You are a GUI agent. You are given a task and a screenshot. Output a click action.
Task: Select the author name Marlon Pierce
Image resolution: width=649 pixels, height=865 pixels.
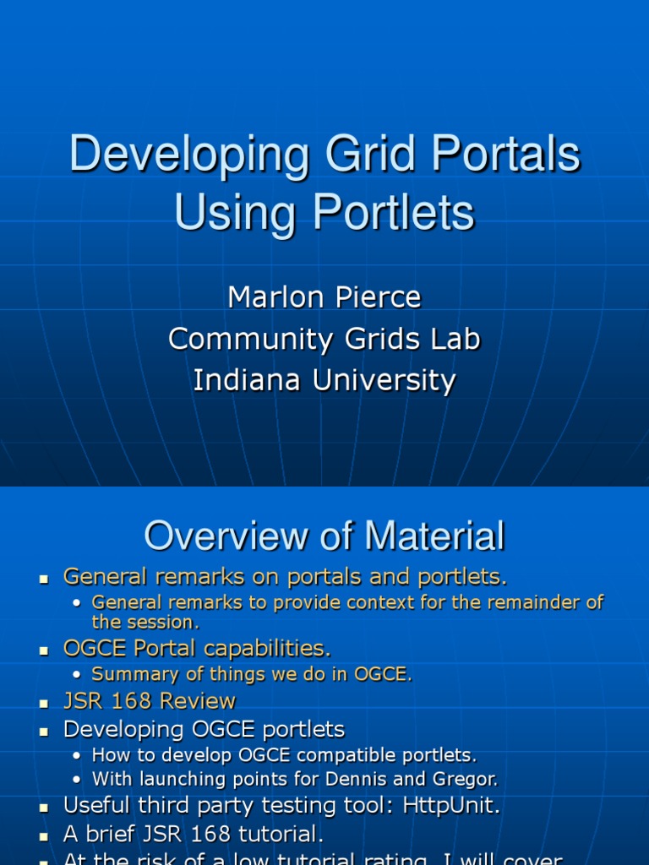[324, 297]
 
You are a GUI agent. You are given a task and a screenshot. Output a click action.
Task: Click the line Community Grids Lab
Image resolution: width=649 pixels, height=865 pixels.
[324, 339]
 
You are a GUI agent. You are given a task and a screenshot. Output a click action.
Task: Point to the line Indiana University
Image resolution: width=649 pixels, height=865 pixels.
[324, 380]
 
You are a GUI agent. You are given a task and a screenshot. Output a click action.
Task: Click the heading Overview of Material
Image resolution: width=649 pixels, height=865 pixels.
[324, 536]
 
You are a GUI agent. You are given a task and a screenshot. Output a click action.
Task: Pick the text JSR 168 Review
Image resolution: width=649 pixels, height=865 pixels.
[150, 701]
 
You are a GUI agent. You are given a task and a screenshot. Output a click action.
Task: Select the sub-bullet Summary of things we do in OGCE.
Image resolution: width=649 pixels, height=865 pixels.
[252, 674]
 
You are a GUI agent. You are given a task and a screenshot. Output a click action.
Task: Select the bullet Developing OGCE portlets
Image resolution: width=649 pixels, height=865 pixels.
[204, 728]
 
